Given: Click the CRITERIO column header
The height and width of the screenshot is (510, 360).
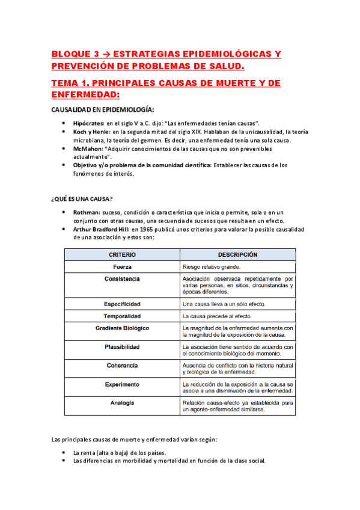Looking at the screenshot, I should [x=122, y=254].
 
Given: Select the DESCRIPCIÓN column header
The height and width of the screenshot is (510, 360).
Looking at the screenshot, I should [x=237, y=254].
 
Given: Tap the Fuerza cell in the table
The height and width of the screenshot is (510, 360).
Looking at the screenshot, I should [x=122, y=266].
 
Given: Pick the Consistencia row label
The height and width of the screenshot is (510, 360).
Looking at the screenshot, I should [x=122, y=279].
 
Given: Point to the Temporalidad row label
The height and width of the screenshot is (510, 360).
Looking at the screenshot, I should [x=122, y=316].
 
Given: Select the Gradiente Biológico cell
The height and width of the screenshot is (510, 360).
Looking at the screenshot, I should [x=122, y=328].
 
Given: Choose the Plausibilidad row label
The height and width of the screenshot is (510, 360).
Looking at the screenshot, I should [x=122, y=347].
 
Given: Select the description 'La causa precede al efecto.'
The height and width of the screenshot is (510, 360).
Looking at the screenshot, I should [x=217, y=316].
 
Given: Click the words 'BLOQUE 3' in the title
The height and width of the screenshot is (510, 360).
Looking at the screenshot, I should [x=75, y=54].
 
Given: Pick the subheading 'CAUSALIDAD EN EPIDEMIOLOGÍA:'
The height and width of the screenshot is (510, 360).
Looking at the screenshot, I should [x=102, y=109].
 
